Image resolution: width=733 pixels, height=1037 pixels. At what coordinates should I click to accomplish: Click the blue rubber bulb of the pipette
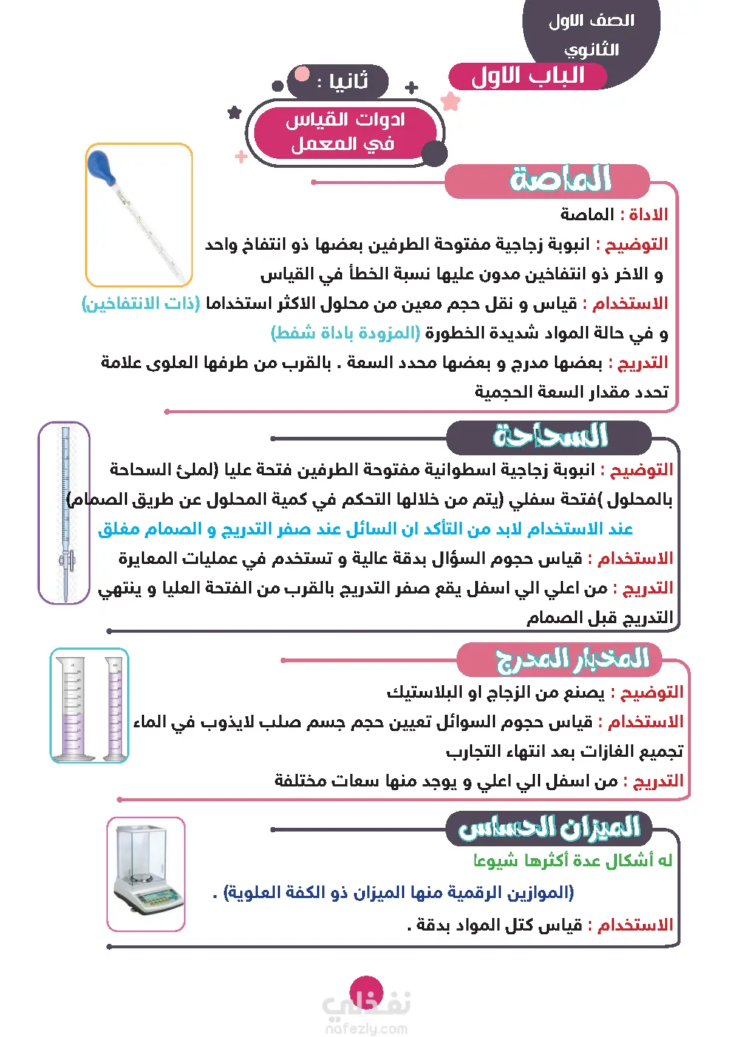(x=101, y=167)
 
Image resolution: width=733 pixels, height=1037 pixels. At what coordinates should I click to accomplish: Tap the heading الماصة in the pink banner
(x=560, y=180)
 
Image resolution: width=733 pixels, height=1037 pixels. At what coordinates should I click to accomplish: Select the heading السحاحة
(x=550, y=436)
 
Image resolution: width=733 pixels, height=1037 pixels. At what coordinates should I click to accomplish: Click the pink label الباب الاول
(x=528, y=76)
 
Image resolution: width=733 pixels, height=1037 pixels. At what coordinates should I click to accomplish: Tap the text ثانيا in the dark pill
(x=347, y=81)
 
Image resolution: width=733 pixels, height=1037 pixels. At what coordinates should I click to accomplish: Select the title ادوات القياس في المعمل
(x=345, y=132)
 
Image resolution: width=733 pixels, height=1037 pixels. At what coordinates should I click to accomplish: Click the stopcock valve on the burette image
(x=65, y=561)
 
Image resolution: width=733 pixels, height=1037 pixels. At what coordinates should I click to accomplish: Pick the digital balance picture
(x=146, y=874)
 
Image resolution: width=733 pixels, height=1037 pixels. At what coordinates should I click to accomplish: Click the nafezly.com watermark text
(x=366, y=1027)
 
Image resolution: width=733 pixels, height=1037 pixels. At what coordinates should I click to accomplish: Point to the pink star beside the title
(x=450, y=101)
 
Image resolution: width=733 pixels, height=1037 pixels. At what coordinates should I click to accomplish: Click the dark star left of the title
(x=235, y=112)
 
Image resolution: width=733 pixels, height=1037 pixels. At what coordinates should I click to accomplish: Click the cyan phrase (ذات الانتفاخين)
(x=140, y=303)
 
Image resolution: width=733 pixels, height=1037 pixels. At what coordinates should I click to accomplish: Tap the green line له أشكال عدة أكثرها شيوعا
(x=573, y=860)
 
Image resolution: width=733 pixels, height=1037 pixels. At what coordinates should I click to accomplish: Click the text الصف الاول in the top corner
(x=591, y=21)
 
